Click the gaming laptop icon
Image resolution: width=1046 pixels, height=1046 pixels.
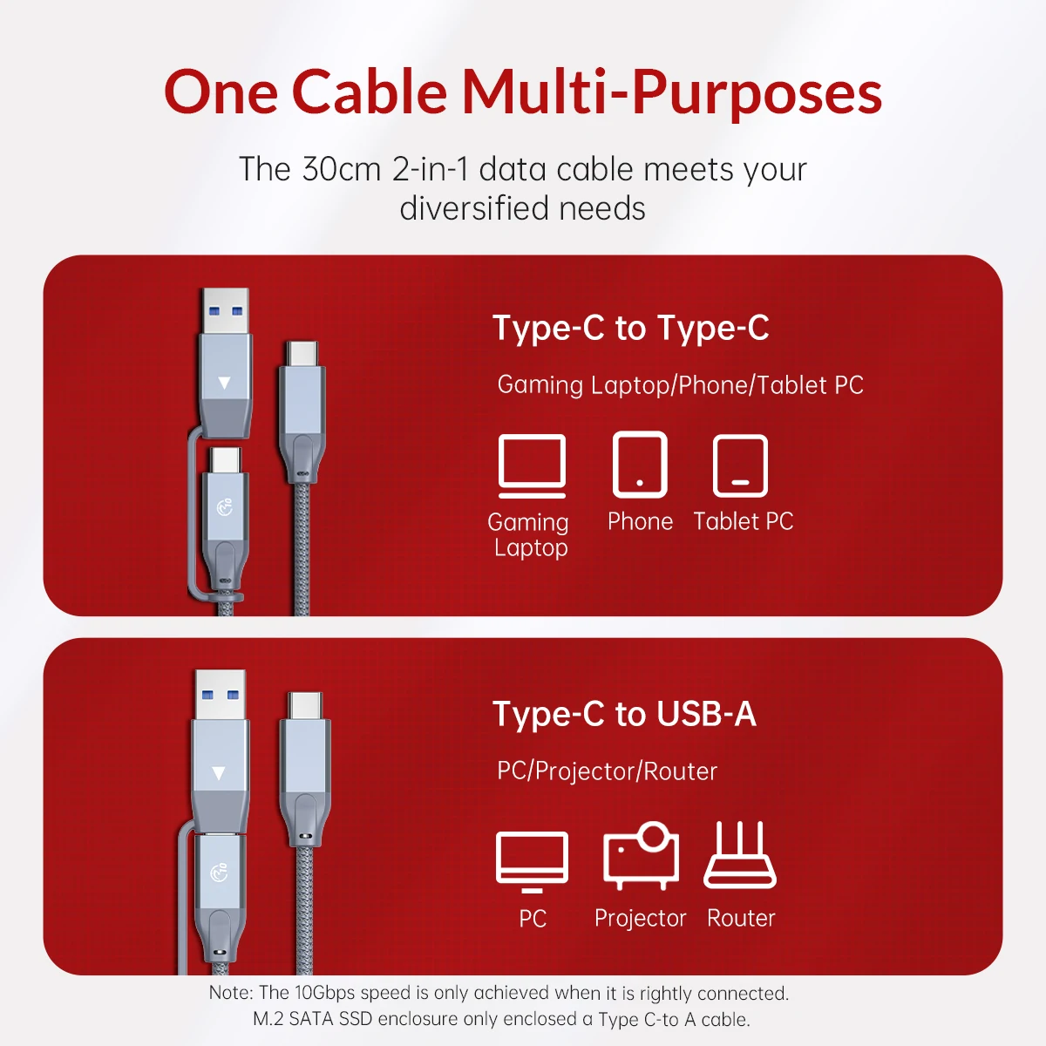(532, 465)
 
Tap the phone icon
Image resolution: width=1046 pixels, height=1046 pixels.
(640, 465)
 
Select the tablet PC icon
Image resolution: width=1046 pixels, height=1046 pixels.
(740, 465)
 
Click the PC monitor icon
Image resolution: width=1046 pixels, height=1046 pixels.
(532, 859)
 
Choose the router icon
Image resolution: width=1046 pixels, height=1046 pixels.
(740, 855)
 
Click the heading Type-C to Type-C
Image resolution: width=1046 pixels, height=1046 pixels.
(630, 329)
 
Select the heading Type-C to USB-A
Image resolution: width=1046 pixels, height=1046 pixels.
(624, 714)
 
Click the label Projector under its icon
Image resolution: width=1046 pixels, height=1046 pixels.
(640, 918)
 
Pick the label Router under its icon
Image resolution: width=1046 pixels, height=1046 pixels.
(741, 918)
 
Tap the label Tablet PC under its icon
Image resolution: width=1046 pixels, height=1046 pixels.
(744, 521)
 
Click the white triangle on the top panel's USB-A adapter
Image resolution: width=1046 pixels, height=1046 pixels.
(225, 383)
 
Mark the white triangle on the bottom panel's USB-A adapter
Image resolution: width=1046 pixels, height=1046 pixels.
(219, 773)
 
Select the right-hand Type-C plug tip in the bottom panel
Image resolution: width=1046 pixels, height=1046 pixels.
(305, 703)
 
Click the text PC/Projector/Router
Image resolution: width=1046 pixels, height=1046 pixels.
(607, 771)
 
